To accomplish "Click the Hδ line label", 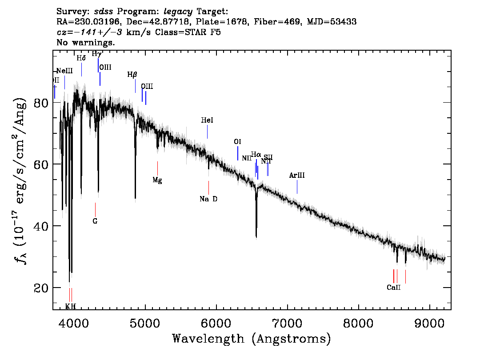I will pyautogui.click(x=81, y=58).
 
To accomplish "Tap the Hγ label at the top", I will pyautogui.click(x=96, y=54).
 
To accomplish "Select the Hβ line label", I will pyautogui.click(x=132, y=75).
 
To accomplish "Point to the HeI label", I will pyautogui.click(x=207, y=120).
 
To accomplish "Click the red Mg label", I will pyautogui.click(x=157, y=180).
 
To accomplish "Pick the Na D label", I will pyautogui.click(x=208, y=199).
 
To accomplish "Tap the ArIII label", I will pyautogui.click(x=297, y=176).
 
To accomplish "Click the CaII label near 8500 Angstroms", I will pyautogui.click(x=394, y=288).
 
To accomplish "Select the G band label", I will pyautogui.click(x=95, y=221).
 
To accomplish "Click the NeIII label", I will pyautogui.click(x=64, y=71).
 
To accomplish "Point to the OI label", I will pyautogui.click(x=237, y=142).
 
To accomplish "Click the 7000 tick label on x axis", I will pyautogui.click(x=287, y=322).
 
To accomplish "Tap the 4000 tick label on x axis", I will pyautogui.click(x=74, y=322).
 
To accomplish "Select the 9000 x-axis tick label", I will pyautogui.click(x=429, y=322).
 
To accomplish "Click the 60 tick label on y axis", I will pyautogui.click(x=41, y=164).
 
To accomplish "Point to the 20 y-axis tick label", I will pyautogui.click(x=41, y=288).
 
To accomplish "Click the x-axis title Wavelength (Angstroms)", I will pyautogui.click(x=252, y=339).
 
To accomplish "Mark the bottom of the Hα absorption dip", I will pyautogui.click(x=256, y=237).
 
